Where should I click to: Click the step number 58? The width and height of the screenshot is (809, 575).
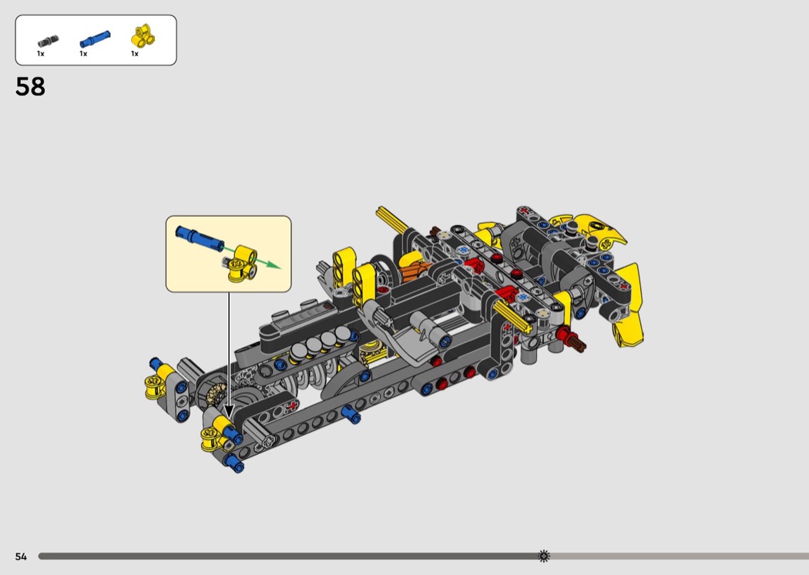31,86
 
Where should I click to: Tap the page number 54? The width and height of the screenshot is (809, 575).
21,557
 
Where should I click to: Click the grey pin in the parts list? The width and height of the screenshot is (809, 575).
48,42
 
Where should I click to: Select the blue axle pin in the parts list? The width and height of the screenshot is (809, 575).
95,39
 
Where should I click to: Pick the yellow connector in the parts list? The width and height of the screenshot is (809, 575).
143,36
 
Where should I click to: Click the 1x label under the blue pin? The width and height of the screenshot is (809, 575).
83,54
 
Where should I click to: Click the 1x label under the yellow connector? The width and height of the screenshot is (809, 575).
135,54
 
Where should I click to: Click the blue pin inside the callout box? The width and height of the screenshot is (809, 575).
200,237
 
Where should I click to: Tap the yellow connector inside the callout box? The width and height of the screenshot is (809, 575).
243,264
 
